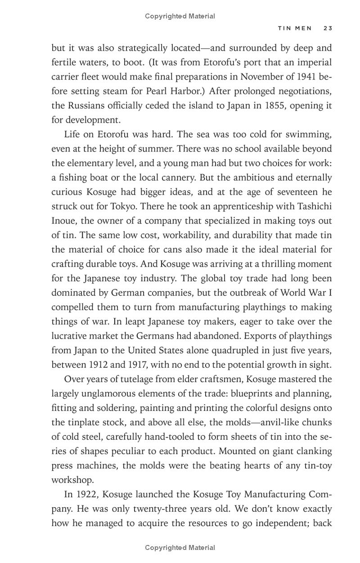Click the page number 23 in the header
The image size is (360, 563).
pyautogui.click(x=327, y=28)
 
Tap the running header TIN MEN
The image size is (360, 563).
pyautogui.click(x=295, y=28)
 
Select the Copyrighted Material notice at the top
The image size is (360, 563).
pyautogui.click(x=180, y=16)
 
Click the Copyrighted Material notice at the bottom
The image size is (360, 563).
pyautogui.click(x=180, y=548)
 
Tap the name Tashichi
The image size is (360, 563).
pyautogui.click(x=313, y=206)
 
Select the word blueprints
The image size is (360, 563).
pyautogui.click(x=252, y=394)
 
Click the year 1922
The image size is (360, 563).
pyautogui.click(x=85, y=495)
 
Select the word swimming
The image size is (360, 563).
pyautogui.click(x=308, y=134)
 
